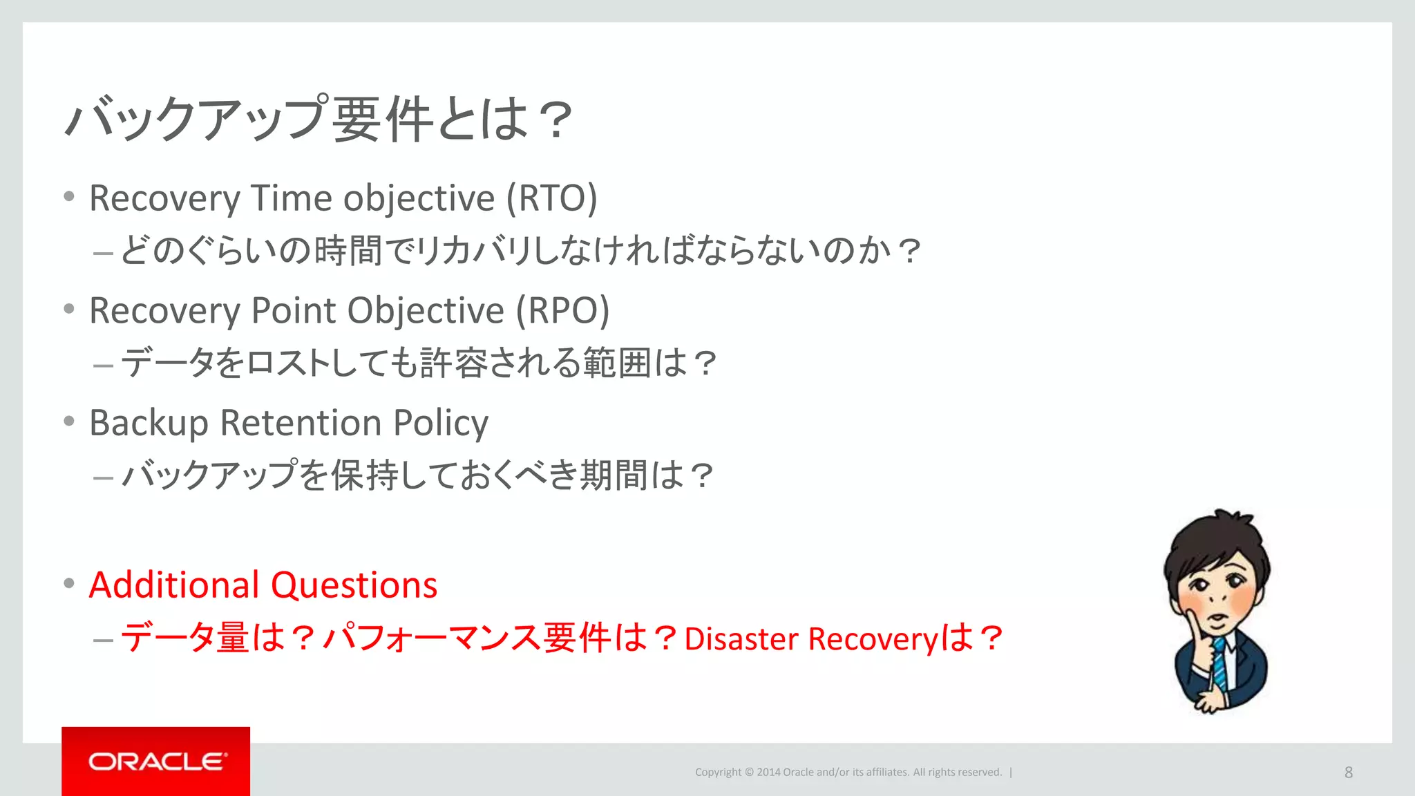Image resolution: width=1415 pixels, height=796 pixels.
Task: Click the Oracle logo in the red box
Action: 157,761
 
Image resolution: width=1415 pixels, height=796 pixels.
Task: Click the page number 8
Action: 1348,773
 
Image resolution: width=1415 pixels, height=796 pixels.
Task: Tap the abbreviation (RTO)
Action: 551,198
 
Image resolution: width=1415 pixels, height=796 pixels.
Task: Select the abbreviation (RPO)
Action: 563,310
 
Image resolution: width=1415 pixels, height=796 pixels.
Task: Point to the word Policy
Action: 440,424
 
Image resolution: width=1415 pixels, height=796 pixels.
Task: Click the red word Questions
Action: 354,586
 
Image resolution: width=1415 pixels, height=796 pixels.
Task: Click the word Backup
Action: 149,424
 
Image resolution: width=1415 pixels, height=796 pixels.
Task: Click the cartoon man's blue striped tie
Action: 1220,663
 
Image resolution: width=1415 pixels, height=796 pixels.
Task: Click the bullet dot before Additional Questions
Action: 68,584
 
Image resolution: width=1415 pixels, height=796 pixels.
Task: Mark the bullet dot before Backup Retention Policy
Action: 68,421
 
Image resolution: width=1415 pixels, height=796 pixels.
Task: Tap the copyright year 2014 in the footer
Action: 768,773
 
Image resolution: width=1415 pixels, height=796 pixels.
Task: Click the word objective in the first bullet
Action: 419,200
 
